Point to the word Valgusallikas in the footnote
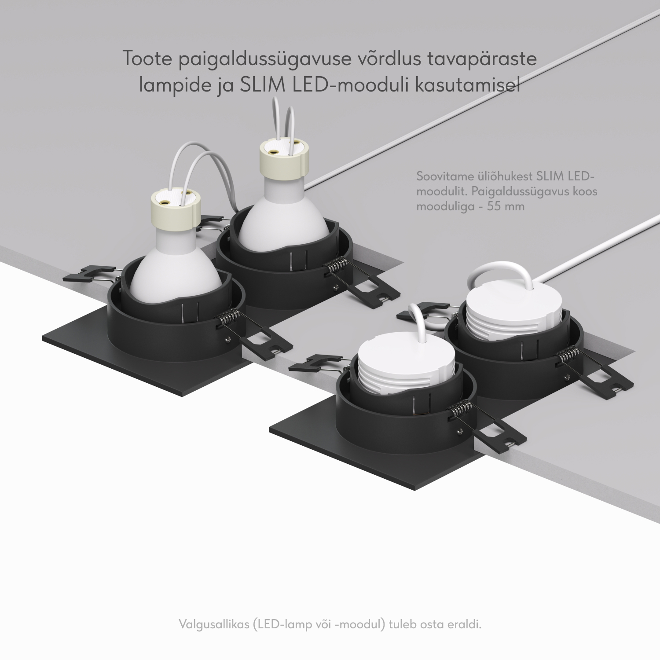214,624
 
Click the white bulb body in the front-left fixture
176,260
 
